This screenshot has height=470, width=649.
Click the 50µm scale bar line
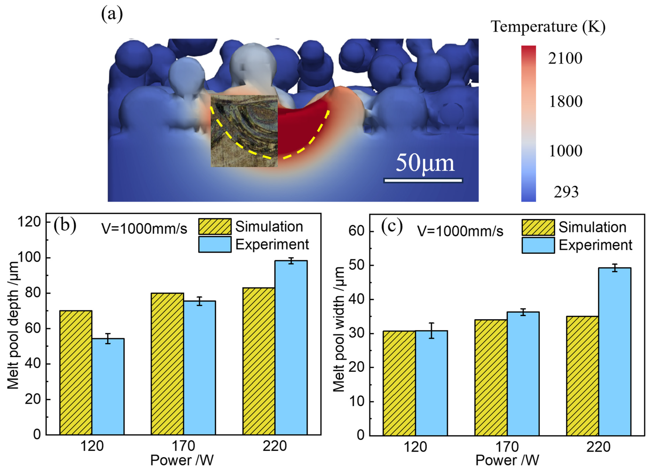pos(423,180)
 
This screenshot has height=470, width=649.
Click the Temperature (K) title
pos(548,27)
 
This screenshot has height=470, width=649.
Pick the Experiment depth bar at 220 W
pos(291,348)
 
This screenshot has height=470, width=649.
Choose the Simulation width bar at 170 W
pos(491,378)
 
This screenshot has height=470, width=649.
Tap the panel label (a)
pos(112,14)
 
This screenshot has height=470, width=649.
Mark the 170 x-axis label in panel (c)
pos(507,446)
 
